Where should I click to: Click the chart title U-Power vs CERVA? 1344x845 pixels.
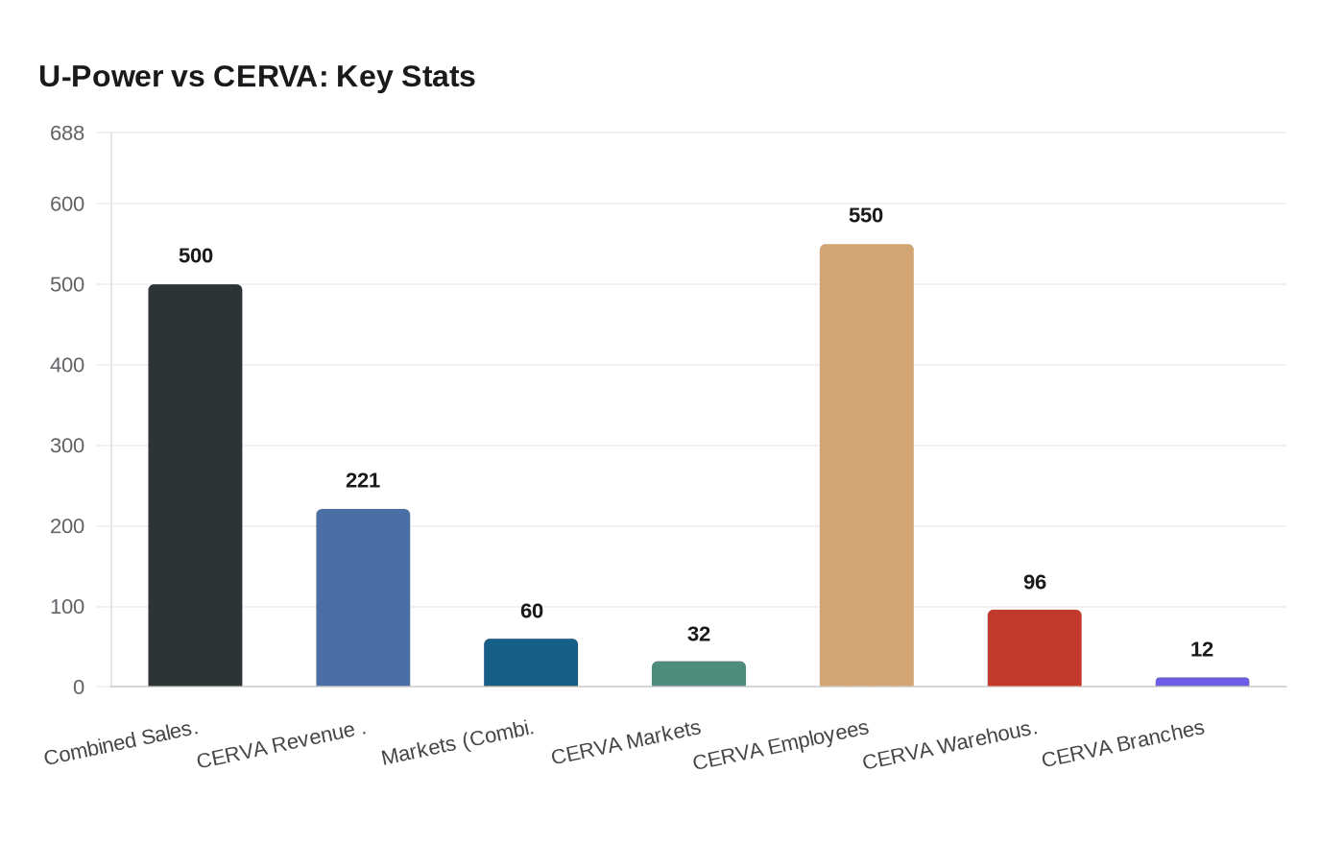(x=257, y=76)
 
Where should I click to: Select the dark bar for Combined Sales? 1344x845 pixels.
(x=195, y=485)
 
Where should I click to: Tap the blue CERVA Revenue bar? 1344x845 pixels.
(x=363, y=597)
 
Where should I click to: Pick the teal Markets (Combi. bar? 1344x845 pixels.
(x=531, y=663)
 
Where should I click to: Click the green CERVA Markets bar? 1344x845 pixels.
(x=699, y=674)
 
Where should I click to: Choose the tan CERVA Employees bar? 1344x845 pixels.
(x=866, y=466)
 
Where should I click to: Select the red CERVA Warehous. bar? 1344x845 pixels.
(x=1034, y=648)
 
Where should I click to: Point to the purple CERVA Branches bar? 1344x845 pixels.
(x=1202, y=682)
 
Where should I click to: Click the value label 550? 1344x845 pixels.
(x=866, y=216)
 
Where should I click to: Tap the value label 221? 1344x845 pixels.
(x=363, y=480)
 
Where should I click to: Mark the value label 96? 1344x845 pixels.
(x=1034, y=583)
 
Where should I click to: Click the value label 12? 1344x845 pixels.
(x=1202, y=650)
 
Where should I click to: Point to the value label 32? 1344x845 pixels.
(x=699, y=635)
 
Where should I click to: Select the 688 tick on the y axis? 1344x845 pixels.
(x=67, y=133)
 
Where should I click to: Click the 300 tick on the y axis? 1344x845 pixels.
(x=67, y=446)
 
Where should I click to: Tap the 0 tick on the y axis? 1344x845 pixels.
(x=79, y=688)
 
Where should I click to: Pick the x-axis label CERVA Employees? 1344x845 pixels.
(x=780, y=745)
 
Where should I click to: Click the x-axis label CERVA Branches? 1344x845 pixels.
(x=1122, y=744)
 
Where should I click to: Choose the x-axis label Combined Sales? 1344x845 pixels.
(x=121, y=743)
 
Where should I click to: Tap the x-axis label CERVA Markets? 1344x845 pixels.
(x=626, y=743)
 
